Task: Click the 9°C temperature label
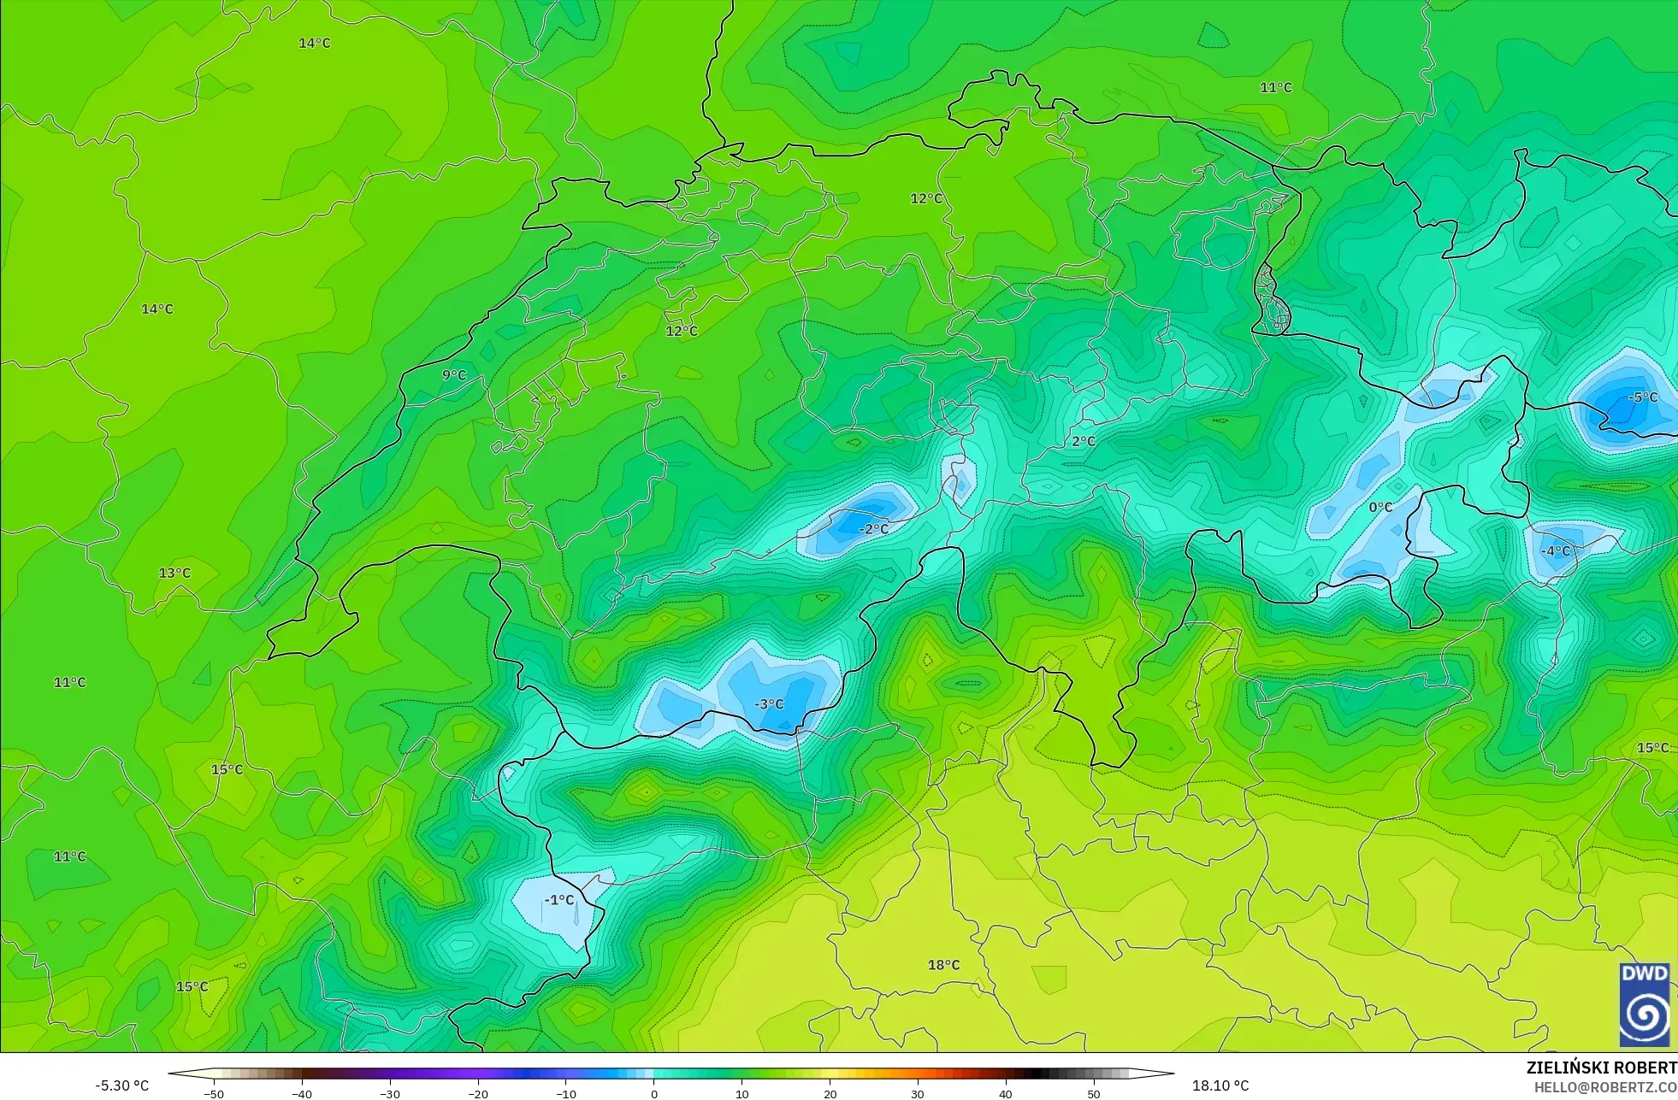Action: (x=454, y=375)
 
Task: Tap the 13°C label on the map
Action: (x=174, y=573)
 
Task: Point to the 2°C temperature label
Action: (x=1084, y=441)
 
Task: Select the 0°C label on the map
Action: (x=1380, y=507)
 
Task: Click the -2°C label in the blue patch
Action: (x=873, y=529)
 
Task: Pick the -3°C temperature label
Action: (x=769, y=703)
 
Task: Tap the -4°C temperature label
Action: (x=1556, y=550)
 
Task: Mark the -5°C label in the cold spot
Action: (x=1643, y=397)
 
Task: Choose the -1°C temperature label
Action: (x=559, y=900)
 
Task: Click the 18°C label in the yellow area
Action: (x=943, y=965)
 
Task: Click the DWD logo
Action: (x=1645, y=1004)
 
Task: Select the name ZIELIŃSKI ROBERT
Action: (x=1601, y=1068)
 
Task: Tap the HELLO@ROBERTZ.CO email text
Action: (x=1604, y=1087)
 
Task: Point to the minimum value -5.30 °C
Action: (x=121, y=1085)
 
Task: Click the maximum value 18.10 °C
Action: (x=1220, y=1085)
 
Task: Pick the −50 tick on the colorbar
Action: (x=214, y=1094)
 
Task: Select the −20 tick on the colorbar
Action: (x=478, y=1094)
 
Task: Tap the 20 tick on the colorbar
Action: (x=830, y=1094)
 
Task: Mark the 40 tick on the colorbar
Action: (x=1006, y=1094)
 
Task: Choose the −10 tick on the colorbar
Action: (x=566, y=1094)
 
